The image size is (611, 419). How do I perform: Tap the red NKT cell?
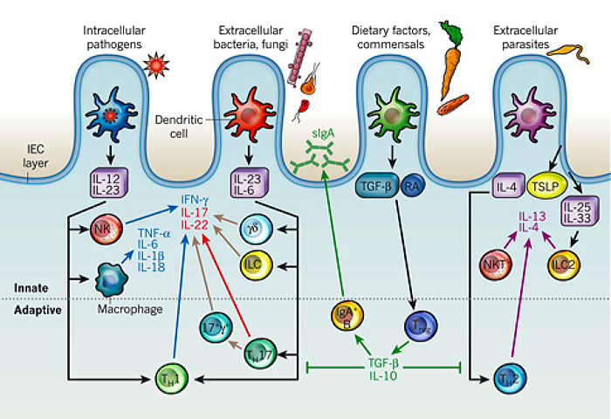click(496, 262)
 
